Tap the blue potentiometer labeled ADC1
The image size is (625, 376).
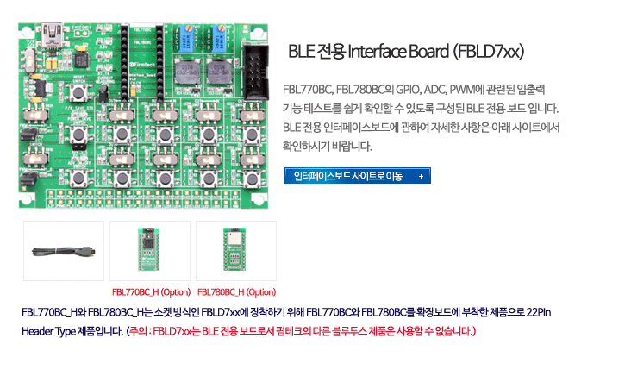(x=185, y=40)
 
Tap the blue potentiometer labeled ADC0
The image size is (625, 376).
(x=218, y=39)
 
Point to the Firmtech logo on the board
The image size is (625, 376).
(x=142, y=65)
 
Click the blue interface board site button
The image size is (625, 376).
(x=358, y=176)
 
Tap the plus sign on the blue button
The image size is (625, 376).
(x=421, y=176)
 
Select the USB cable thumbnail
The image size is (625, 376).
(x=64, y=251)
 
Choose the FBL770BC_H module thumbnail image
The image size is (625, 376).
(x=150, y=251)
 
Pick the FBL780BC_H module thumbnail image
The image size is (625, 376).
(x=236, y=251)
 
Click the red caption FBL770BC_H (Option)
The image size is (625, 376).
(x=152, y=292)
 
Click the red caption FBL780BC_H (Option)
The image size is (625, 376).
(x=237, y=292)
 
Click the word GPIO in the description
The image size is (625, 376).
(x=408, y=90)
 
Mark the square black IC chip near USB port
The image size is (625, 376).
(x=81, y=60)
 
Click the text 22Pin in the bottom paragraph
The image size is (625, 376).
(x=539, y=312)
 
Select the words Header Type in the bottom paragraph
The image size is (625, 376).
(x=48, y=331)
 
